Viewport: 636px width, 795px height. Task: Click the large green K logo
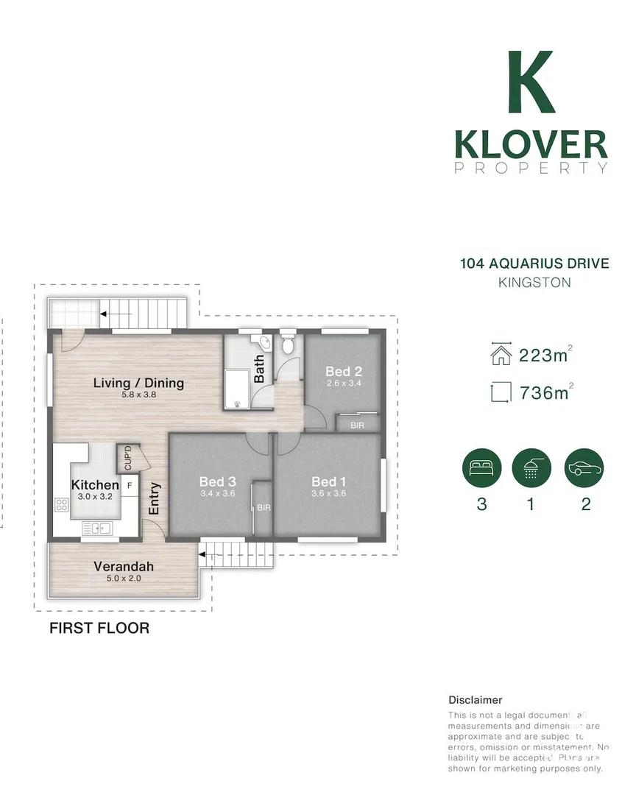(531, 82)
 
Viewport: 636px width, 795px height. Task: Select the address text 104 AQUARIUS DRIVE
(534, 264)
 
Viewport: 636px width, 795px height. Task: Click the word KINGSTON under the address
(534, 283)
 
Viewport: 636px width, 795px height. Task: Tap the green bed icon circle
(481, 469)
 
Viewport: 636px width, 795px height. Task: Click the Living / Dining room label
(138, 383)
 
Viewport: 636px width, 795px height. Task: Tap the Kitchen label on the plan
(95, 485)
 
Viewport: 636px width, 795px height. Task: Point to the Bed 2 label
(343, 372)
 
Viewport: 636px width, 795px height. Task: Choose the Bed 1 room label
(328, 482)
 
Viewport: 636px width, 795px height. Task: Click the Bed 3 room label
(216, 482)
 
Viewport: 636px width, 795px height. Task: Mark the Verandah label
(124, 566)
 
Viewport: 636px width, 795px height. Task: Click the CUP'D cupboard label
(128, 459)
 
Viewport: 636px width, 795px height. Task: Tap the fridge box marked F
(130, 485)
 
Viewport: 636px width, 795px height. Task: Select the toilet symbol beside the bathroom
(288, 344)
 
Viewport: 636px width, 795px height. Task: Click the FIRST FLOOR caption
(99, 628)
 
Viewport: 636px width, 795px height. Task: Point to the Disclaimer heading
(475, 700)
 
